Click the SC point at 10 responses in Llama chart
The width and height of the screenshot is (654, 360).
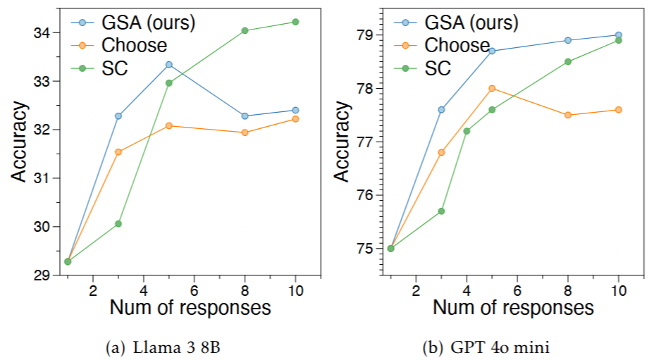(x=295, y=22)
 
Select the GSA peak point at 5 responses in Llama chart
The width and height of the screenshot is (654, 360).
(x=169, y=64)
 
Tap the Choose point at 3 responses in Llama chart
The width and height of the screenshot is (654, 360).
(x=118, y=151)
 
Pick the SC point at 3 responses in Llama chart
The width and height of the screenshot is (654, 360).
(x=118, y=223)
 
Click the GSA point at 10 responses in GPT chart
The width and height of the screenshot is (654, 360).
(x=618, y=35)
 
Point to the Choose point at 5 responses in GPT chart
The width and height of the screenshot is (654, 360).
(x=492, y=88)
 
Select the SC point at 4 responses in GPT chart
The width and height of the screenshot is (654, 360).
(x=467, y=131)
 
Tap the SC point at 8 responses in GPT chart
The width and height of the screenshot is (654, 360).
(x=567, y=61)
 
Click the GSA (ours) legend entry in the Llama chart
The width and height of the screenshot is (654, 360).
(x=131, y=23)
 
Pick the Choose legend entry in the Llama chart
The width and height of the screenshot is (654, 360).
(x=123, y=46)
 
